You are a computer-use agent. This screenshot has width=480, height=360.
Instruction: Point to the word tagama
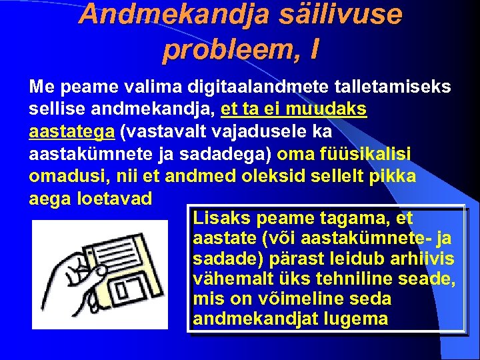355,218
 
